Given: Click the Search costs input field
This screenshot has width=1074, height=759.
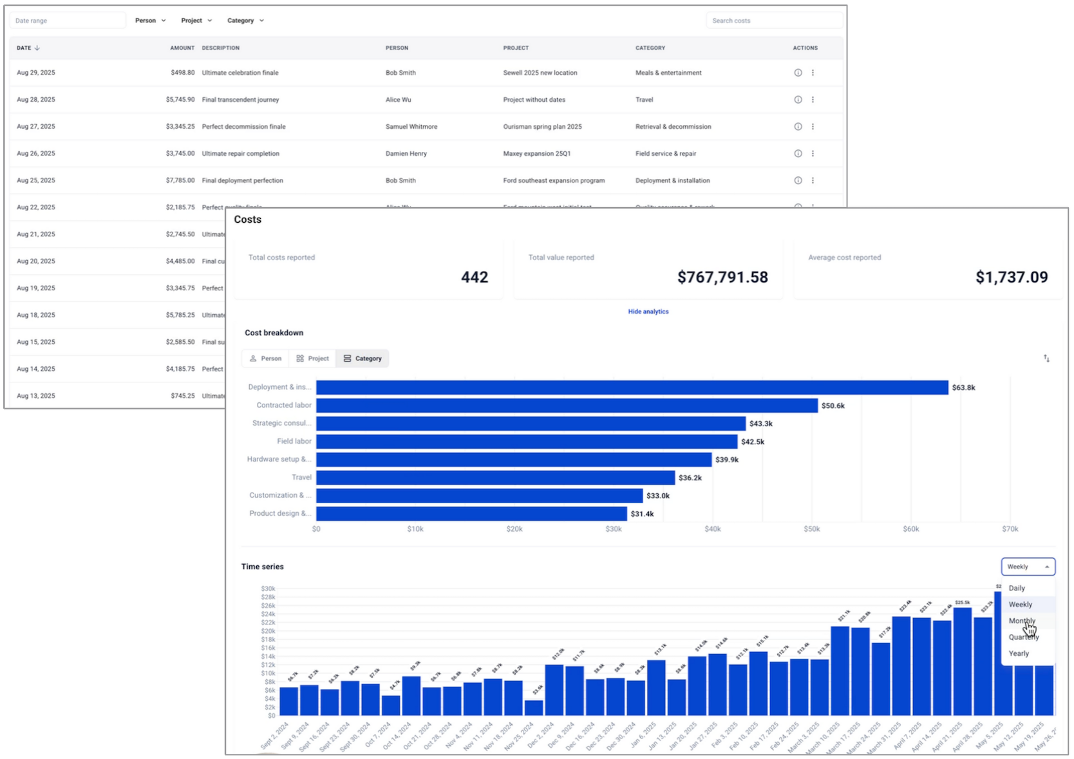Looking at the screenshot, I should tap(773, 21).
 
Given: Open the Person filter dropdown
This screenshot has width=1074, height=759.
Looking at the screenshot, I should tap(150, 21).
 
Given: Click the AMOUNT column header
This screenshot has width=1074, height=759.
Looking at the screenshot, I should tap(182, 48).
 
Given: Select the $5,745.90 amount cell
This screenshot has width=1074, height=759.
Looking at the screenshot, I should tap(180, 100).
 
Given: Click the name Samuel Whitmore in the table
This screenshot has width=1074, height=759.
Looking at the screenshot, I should tap(411, 127).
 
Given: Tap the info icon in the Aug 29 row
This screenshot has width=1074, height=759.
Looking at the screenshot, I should tap(798, 73).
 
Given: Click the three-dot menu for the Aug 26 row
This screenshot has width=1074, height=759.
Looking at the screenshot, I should tap(813, 154).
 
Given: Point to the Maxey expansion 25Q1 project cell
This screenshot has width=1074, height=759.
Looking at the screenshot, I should tap(536, 154).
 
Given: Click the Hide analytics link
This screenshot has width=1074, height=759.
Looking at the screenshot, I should tap(648, 312).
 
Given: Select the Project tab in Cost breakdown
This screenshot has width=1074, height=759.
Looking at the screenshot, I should tap(312, 359).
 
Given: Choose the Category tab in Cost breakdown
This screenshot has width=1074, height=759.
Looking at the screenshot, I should tap(362, 359).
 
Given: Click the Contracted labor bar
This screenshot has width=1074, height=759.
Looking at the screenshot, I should tap(567, 406).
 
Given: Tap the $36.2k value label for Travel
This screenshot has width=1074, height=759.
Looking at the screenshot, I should tap(690, 478).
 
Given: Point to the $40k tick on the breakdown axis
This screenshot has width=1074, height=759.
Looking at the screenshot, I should tap(712, 529).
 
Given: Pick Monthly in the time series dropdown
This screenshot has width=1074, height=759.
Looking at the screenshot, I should tap(1022, 621).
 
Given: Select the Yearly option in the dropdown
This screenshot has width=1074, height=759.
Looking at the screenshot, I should tap(1019, 653).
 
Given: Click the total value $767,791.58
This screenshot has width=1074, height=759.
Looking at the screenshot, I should tap(722, 277).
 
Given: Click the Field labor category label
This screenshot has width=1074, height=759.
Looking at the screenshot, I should tap(294, 442).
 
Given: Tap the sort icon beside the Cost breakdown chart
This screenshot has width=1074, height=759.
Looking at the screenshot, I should tap(1046, 359).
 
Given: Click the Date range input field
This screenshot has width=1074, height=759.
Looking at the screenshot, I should tap(67, 21).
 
